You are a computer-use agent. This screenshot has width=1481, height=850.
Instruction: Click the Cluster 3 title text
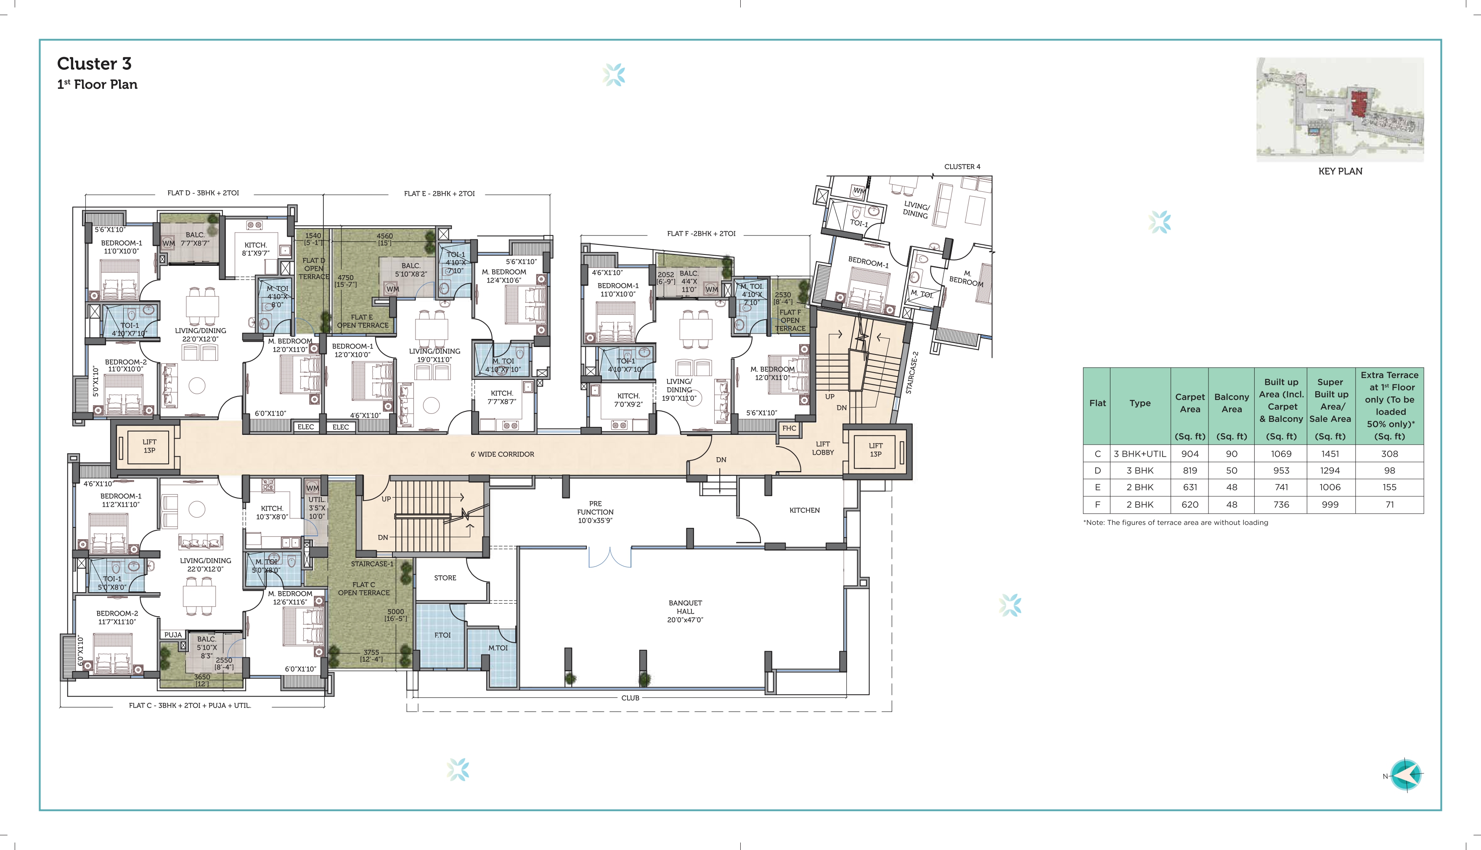click(94, 64)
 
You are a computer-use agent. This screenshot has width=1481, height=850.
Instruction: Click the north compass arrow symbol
click(1406, 775)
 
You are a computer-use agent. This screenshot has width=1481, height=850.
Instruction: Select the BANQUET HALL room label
click(685, 611)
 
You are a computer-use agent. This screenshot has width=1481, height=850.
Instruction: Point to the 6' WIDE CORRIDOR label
click(502, 454)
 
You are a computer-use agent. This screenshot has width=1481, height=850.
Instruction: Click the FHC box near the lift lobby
click(789, 428)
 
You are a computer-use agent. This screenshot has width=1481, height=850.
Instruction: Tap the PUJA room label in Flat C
click(173, 635)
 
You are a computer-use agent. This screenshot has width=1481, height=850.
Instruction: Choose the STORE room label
click(445, 578)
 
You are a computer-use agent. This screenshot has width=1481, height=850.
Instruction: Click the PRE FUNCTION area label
click(596, 512)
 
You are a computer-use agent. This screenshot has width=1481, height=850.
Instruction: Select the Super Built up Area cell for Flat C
click(1330, 454)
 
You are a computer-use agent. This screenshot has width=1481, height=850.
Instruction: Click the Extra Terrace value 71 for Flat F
click(1389, 504)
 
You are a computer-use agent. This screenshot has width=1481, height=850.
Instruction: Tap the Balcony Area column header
click(1231, 403)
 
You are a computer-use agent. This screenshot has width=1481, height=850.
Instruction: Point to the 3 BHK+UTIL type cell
click(1139, 454)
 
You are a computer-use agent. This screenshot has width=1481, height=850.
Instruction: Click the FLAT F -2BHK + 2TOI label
click(701, 233)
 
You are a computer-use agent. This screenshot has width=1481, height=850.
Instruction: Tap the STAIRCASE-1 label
click(372, 564)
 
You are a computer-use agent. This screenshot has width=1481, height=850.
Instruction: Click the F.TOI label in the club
click(442, 635)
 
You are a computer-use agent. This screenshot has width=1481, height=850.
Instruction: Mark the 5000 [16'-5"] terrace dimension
click(396, 615)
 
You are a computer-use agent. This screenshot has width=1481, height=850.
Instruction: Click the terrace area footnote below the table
click(1175, 522)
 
